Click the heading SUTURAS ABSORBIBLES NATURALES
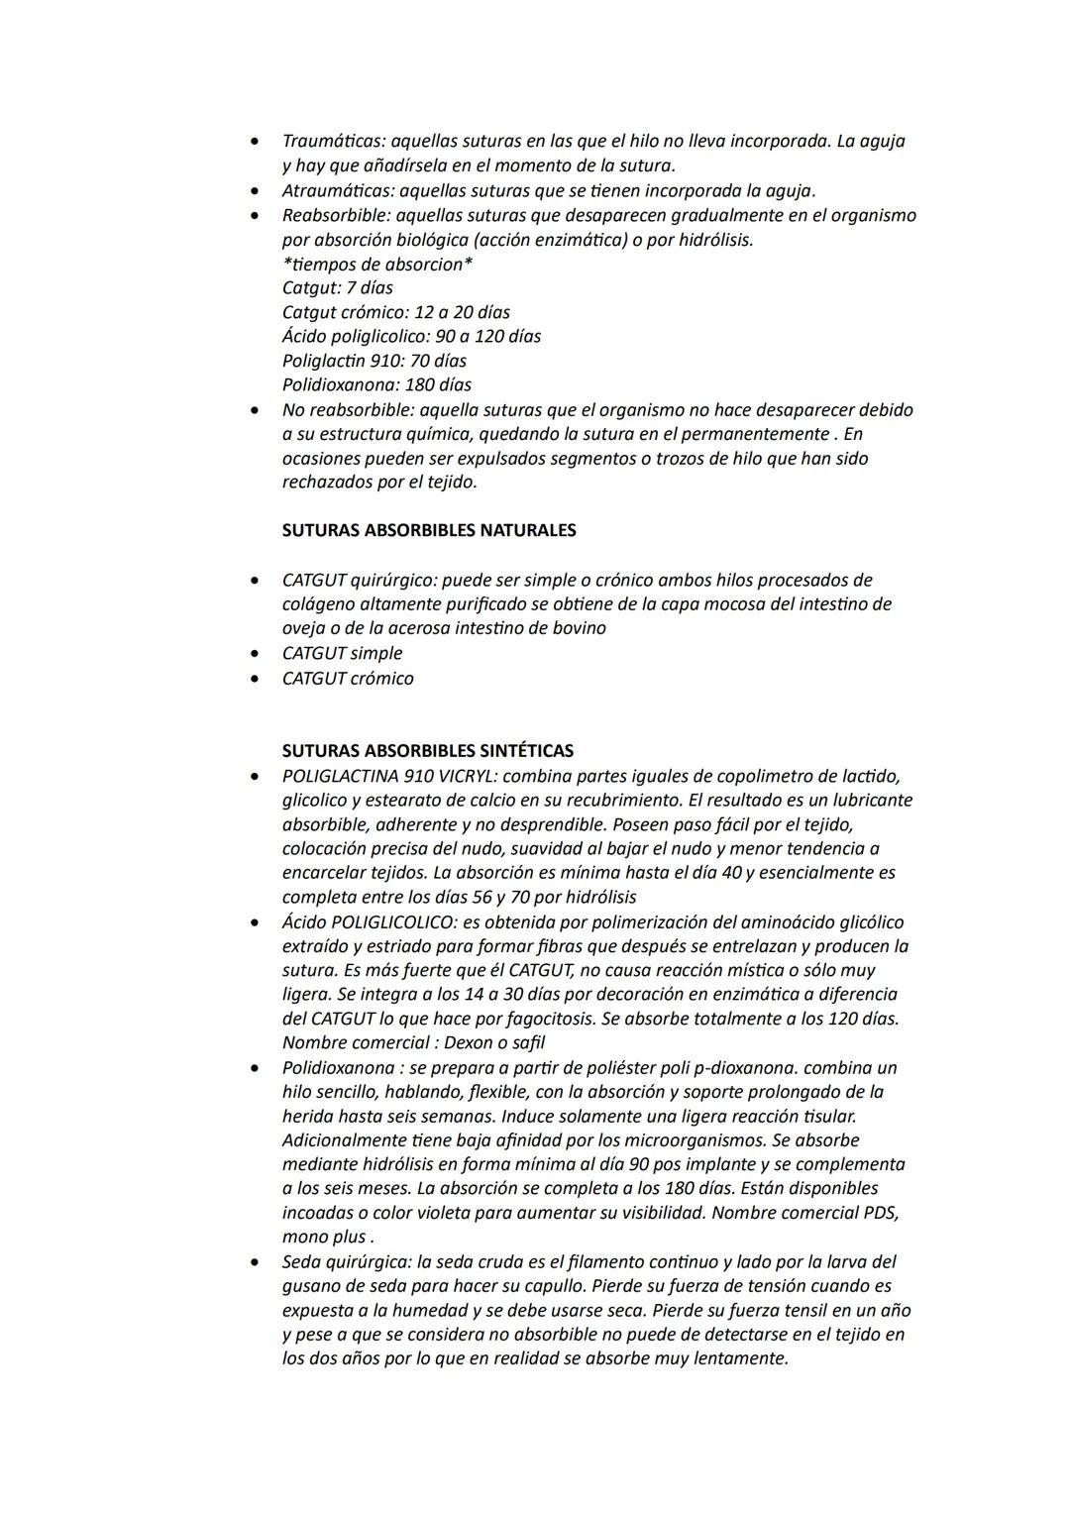[x=429, y=530]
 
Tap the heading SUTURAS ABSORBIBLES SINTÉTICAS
[x=428, y=751]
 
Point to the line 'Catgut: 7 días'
[x=338, y=288]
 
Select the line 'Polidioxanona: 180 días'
[x=376, y=384]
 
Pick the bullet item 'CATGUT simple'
[x=343, y=653]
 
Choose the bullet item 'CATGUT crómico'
[x=348, y=679]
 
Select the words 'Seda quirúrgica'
[x=346, y=1261]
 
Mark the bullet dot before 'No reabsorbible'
[x=257, y=410]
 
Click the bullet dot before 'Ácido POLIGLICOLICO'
[x=257, y=922]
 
